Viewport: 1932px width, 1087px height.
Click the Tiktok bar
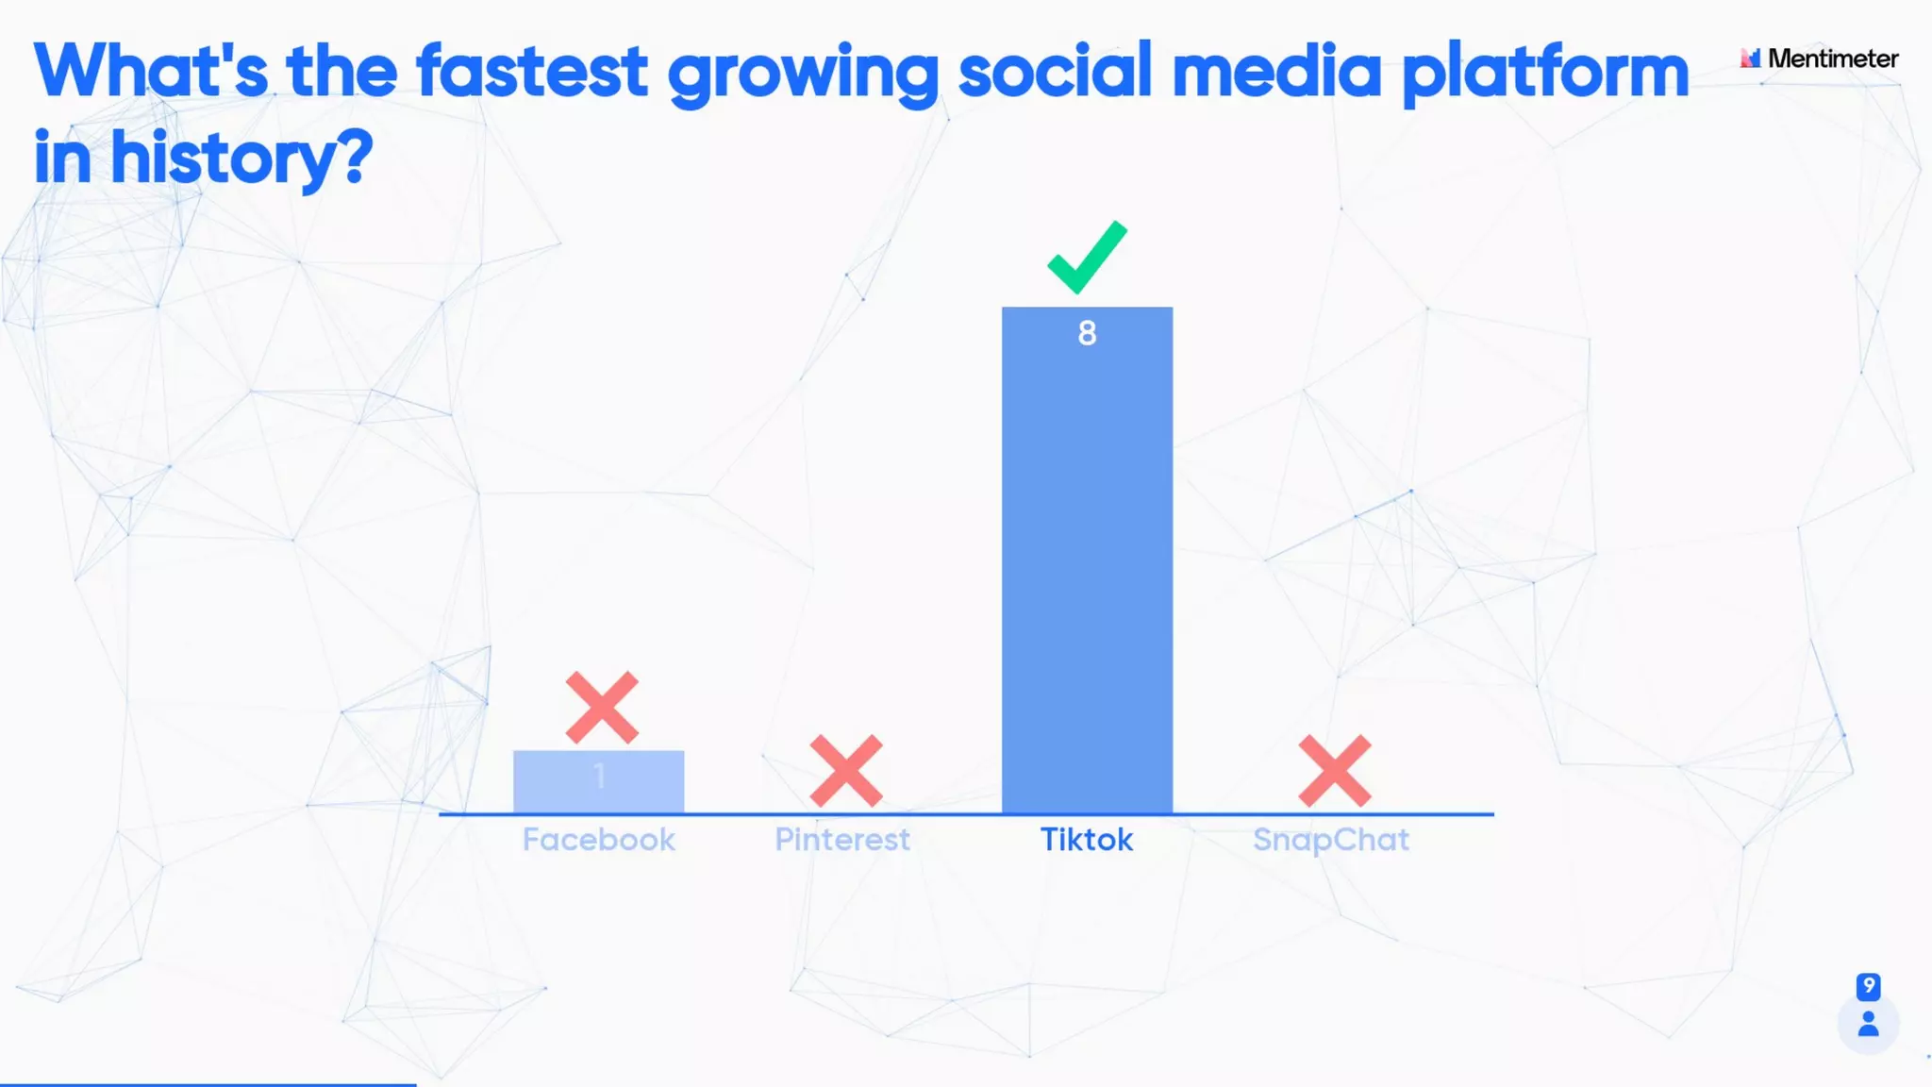click(x=1087, y=566)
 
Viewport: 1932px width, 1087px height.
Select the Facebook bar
click(x=598, y=782)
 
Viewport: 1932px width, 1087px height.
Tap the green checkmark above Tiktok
click(x=1087, y=257)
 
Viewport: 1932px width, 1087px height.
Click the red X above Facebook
click(x=602, y=708)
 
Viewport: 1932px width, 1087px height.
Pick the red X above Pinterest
click(x=846, y=771)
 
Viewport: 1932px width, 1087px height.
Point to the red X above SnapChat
click(x=1334, y=771)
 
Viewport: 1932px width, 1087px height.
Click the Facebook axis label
click(x=598, y=840)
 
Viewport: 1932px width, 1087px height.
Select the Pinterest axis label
click(x=842, y=840)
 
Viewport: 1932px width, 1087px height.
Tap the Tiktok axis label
click(x=1087, y=840)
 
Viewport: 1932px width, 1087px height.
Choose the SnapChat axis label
click(x=1331, y=840)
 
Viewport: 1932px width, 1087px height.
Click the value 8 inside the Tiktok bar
click(x=1087, y=333)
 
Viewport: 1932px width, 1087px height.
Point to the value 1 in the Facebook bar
click(x=599, y=777)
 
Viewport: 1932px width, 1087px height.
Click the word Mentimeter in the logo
click(x=1832, y=59)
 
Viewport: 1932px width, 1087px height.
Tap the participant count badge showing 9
click(x=1868, y=986)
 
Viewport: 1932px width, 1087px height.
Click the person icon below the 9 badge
click(x=1868, y=1025)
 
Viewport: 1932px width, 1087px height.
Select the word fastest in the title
click(x=532, y=72)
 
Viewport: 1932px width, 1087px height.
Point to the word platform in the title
click(x=1544, y=72)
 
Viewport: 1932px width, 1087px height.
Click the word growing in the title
click(x=803, y=74)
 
